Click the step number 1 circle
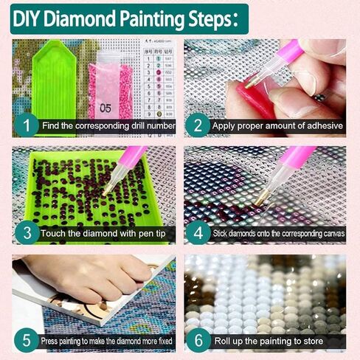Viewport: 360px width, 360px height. tap(27, 125)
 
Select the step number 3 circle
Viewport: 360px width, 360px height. tap(27, 233)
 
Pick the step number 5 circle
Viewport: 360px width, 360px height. tap(27, 341)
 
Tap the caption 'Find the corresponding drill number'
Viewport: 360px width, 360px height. tap(108, 126)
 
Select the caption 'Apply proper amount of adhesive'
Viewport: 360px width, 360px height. tap(277, 126)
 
